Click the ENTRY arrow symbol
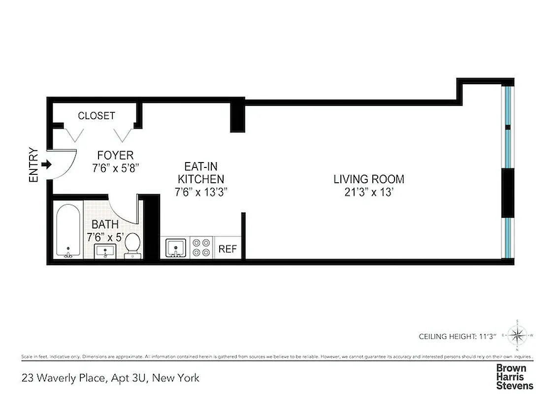46,164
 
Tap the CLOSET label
97,116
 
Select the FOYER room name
115,156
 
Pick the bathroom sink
104,251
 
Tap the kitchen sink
175,247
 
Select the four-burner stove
201,247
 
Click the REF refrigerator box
228,249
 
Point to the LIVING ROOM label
368,179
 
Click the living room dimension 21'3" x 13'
368,192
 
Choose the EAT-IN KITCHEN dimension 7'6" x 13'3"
201,192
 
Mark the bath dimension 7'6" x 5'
104,237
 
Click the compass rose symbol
517,336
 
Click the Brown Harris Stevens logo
514,377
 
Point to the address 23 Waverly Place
111,378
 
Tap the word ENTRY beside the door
33,165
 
